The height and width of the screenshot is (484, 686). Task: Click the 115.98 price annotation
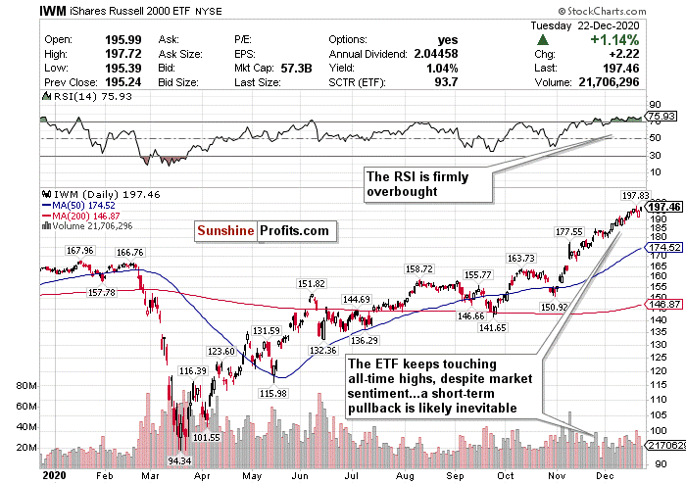[272, 393]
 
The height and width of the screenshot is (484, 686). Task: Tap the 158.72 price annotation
[419, 267]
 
